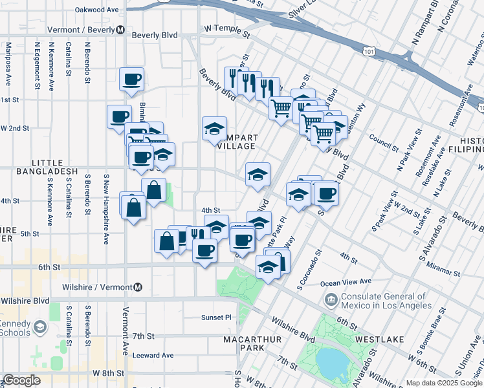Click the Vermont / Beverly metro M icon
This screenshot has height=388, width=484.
[120, 30]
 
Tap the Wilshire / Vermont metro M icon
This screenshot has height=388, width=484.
[138, 287]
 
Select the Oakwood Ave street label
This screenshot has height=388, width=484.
[97, 10]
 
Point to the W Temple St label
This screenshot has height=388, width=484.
[226, 30]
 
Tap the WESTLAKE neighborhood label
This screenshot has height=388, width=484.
[379, 339]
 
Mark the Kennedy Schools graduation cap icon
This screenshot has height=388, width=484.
[40, 327]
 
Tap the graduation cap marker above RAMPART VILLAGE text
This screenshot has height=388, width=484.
[214, 128]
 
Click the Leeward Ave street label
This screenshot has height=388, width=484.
[153, 355]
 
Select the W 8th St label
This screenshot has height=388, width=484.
[107, 373]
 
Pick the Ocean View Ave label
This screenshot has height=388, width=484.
[346, 282]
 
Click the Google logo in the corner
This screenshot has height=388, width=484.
[21, 380]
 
